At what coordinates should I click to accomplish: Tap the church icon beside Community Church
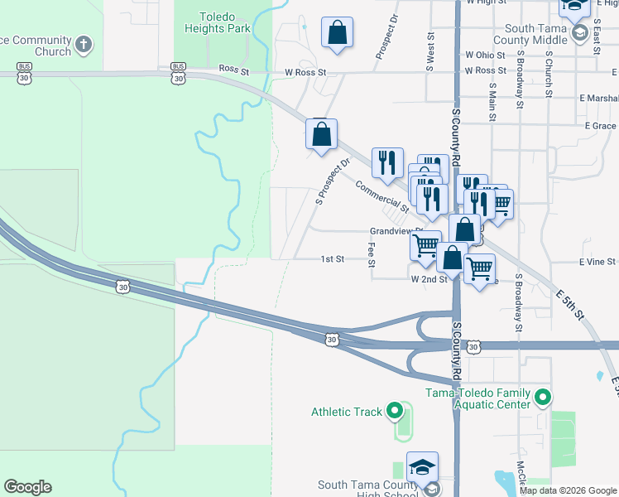(x=83, y=43)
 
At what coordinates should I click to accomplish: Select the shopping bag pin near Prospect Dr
(x=337, y=33)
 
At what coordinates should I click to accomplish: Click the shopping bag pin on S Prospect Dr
(x=321, y=135)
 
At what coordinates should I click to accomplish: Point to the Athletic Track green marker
(x=395, y=411)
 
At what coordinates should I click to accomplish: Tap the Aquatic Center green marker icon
(x=543, y=398)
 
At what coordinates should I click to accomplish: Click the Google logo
(x=27, y=487)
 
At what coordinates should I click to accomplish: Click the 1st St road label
(x=332, y=259)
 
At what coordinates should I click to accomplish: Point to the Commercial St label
(x=381, y=197)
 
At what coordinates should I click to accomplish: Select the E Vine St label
(x=597, y=261)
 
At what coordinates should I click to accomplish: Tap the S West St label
(x=430, y=51)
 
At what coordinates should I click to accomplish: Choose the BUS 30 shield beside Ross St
(x=178, y=72)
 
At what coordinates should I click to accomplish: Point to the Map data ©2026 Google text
(x=568, y=490)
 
